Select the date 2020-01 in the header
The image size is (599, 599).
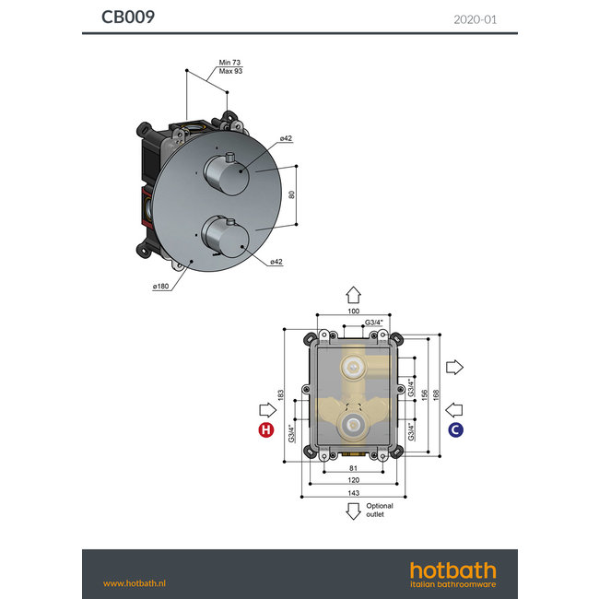tap(476, 18)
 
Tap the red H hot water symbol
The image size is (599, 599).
tap(266, 430)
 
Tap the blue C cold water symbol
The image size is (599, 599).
tap(455, 430)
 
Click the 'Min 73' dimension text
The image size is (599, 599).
tap(229, 63)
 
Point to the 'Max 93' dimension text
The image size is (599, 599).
tap(230, 71)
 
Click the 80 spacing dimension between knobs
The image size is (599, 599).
tap(291, 195)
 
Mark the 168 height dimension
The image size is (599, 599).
tap(436, 393)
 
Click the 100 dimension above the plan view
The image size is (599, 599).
tap(353, 311)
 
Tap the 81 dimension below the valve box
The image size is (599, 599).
tap(353, 467)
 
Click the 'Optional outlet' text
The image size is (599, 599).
tap(379, 510)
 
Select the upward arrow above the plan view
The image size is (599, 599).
tap(353, 294)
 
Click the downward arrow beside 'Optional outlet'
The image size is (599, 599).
tap(353, 512)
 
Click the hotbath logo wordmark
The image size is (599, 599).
tap(452, 570)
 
